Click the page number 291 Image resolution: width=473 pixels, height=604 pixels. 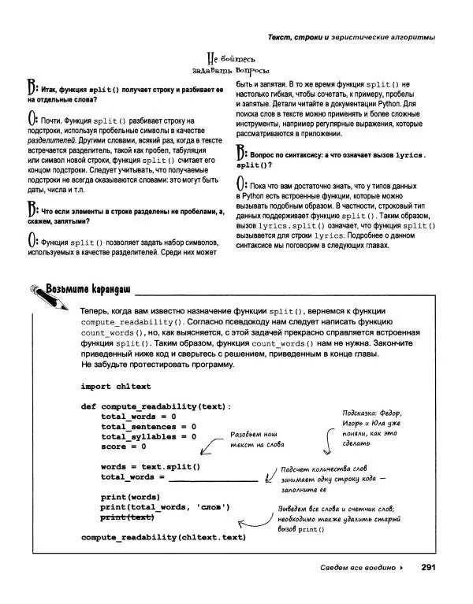click(x=430, y=568)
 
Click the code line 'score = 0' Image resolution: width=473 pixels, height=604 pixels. click(x=124, y=446)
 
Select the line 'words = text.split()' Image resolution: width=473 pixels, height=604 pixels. click(x=151, y=466)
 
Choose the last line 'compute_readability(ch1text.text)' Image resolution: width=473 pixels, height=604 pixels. click(x=163, y=537)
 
